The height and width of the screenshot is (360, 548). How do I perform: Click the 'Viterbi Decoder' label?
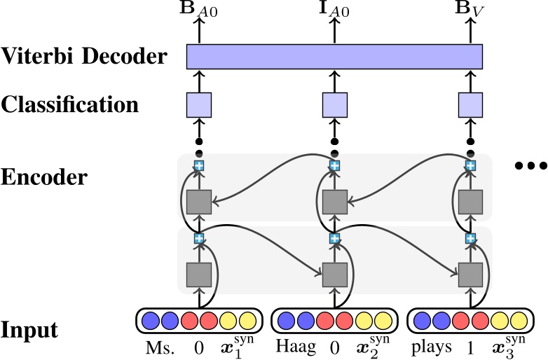pyautogui.click(x=84, y=55)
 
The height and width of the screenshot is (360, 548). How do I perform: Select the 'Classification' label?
pyautogui.click(x=69, y=105)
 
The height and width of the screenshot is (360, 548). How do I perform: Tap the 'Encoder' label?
pyautogui.click(x=44, y=176)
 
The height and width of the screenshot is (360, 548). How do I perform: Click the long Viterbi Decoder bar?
pyautogui.click(x=334, y=57)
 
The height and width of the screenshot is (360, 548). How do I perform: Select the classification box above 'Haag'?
pyautogui.click(x=334, y=105)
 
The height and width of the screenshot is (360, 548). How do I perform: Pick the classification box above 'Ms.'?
pyautogui.click(x=198, y=105)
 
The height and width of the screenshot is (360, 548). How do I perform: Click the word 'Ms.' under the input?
pyautogui.click(x=158, y=348)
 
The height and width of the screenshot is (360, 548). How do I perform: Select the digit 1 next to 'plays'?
pyautogui.click(x=467, y=348)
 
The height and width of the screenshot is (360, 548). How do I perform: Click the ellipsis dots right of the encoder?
pyautogui.click(x=530, y=166)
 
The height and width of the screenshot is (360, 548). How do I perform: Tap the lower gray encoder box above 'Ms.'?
pyautogui.click(x=198, y=274)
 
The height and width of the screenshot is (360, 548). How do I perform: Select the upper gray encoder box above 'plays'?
pyautogui.click(x=471, y=202)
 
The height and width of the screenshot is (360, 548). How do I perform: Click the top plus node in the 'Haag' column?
pyautogui.click(x=334, y=165)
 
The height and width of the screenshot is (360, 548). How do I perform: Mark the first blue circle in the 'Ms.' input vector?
pyautogui.click(x=150, y=321)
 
